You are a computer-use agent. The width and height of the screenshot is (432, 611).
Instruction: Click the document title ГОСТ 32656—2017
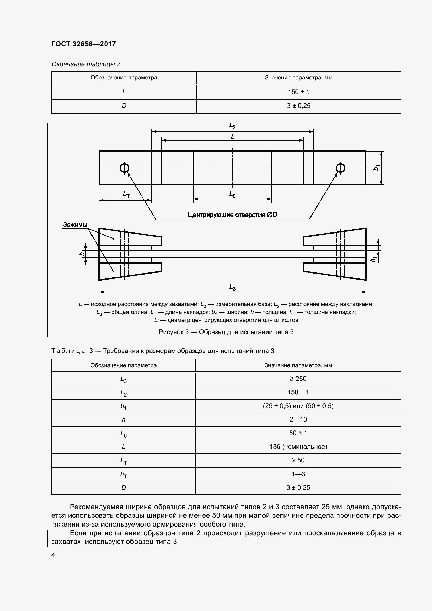84,44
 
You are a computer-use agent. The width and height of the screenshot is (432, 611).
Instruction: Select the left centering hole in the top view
124,168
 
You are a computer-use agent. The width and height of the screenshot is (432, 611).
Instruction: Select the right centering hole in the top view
341,168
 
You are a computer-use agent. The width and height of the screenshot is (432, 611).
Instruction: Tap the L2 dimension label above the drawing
232,126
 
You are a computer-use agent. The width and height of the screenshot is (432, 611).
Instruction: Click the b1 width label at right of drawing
376,168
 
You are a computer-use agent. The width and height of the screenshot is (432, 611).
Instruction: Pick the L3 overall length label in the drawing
232,287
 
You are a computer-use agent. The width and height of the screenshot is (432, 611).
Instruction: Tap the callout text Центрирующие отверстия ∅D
232,215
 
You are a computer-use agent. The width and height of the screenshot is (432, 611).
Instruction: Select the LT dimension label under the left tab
126,194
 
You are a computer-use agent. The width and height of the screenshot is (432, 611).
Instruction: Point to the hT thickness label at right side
374,258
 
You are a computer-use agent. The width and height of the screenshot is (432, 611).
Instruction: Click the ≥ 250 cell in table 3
298,379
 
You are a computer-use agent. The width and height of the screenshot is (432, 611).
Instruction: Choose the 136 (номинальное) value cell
298,446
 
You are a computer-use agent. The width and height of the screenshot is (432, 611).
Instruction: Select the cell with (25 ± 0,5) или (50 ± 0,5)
298,406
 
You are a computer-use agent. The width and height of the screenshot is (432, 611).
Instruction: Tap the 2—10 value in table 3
298,420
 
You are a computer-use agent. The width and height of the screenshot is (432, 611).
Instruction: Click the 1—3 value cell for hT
298,474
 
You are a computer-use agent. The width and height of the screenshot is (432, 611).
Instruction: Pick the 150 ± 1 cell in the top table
298,92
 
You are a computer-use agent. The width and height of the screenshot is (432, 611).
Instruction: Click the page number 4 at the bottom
53,555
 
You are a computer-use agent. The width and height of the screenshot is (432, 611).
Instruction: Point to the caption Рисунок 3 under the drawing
226,332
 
